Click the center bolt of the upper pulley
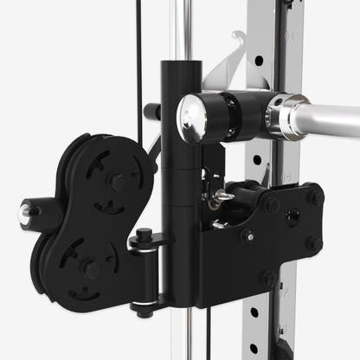click(x=116, y=183)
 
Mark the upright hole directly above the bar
click(x=258, y=61)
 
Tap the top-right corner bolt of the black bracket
click(x=315, y=197)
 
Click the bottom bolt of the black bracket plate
click(x=270, y=280)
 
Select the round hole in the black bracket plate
click(x=292, y=216)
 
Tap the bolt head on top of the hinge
click(x=144, y=235)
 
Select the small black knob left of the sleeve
click(x=152, y=111)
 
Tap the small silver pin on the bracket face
click(x=250, y=235)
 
